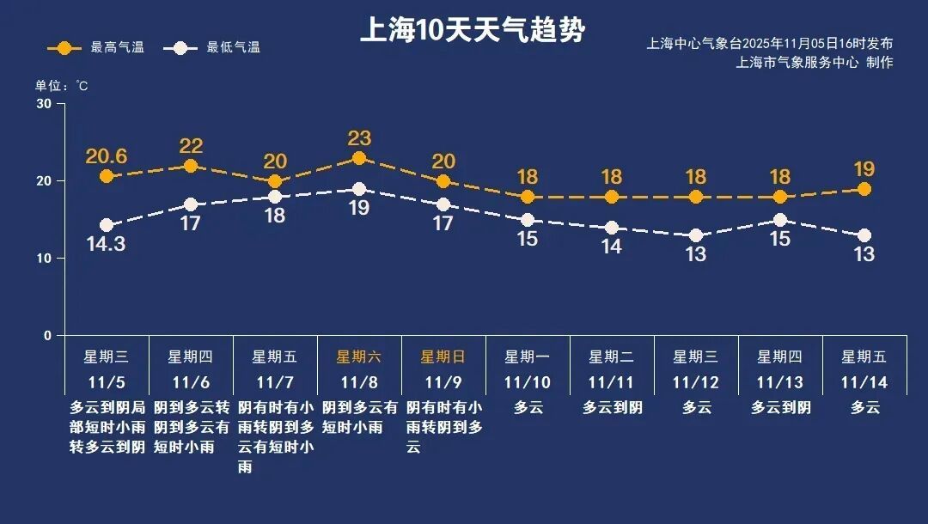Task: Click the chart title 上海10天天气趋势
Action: pos(472,31)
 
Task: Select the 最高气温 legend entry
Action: pos(96,48)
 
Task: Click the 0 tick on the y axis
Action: pos(47,336)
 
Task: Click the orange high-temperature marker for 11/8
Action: pos(359,158)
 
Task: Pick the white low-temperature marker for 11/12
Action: pos(696,235)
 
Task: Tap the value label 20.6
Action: pos(107,156)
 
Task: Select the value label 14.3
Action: pos(107,244)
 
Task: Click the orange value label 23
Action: pos(359,137)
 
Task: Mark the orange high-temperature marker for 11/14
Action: pos(864,189)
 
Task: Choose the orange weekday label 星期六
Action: pos(359,357)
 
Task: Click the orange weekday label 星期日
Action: pos(443,357)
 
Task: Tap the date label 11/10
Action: pos(528,382)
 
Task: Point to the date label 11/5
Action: pos(107,382)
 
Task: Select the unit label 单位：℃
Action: pos(61,86)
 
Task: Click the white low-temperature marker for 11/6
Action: pos(191,204)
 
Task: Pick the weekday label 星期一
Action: pos(528,357)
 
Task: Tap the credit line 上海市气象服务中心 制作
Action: pos(815,63)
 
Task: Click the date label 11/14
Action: pos(864,382)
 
